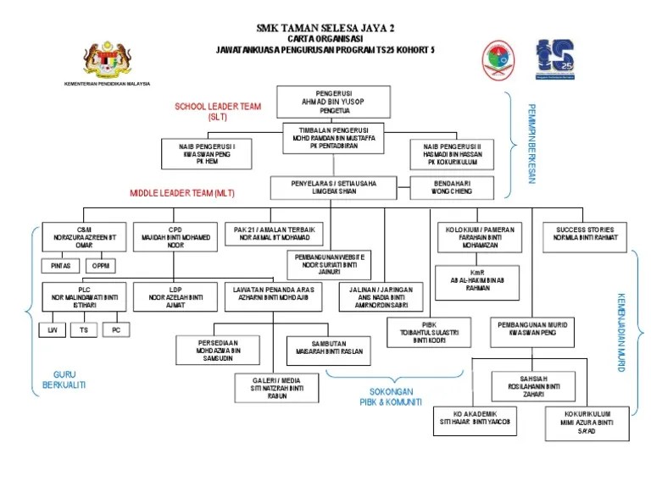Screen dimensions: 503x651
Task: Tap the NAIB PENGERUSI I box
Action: tap(207, 154)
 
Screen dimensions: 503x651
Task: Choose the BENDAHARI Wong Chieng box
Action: tap(453, 187)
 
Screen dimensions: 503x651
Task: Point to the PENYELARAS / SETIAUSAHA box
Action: tap(334, 187)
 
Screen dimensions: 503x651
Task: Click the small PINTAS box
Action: tap(60, 266)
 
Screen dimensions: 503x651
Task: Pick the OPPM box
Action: tap(101, 266)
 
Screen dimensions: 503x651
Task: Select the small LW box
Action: tap(53, 329)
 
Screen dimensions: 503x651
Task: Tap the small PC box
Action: tap(116, 329)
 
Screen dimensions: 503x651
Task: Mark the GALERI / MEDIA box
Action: tap(276, 387)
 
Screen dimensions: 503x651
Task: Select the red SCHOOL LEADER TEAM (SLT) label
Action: tap(218, 112)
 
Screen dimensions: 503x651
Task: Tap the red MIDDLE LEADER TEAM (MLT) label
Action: tap(182, 194)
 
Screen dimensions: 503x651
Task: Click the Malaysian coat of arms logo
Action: tap(107, 61)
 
